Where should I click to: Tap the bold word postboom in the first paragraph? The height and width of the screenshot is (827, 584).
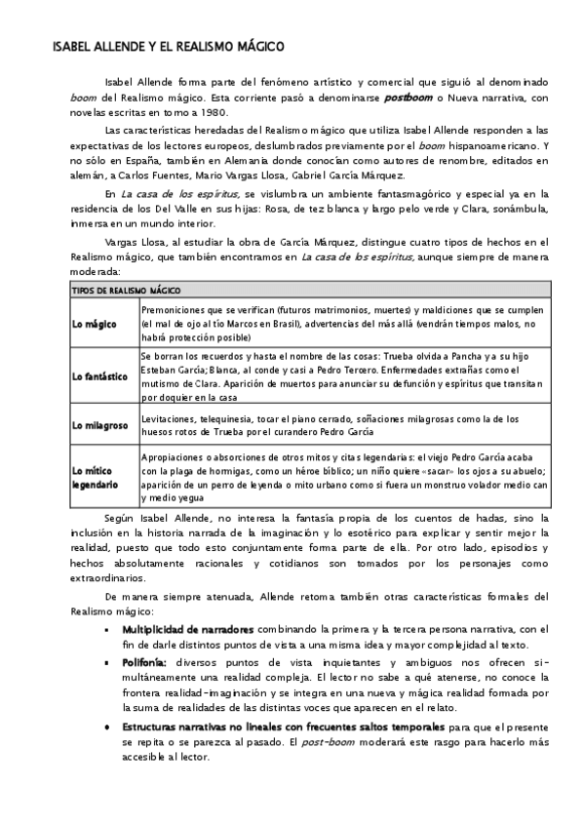click(409, 98)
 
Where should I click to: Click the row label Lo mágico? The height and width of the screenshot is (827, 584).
click(95, 323)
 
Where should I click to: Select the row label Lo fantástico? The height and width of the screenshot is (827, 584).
click(99, 375)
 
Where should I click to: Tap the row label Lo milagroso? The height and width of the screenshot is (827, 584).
click(100, 425)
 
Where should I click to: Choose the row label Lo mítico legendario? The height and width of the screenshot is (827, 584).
click(97, 477)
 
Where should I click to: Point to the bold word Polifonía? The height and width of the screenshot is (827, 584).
click(144, 662)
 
